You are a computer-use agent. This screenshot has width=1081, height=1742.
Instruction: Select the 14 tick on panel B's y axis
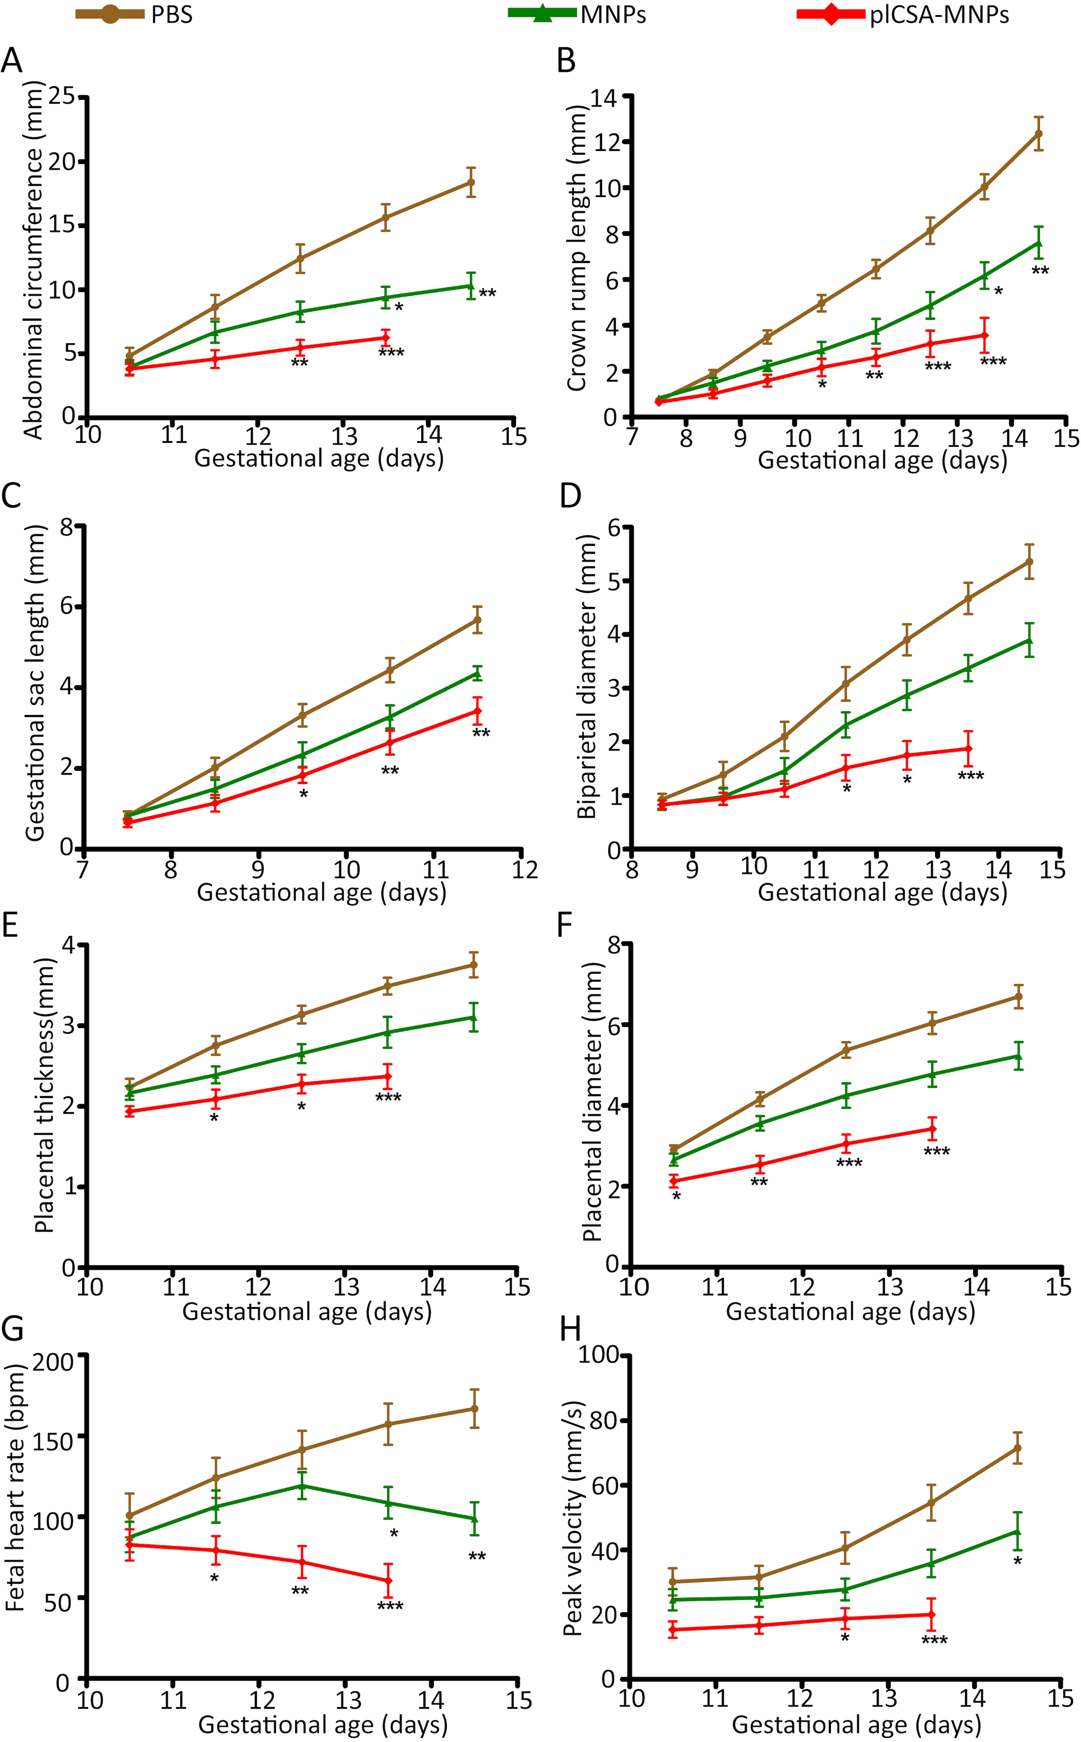point(605,97)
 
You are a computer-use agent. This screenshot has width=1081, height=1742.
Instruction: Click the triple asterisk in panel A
point(391,352)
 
